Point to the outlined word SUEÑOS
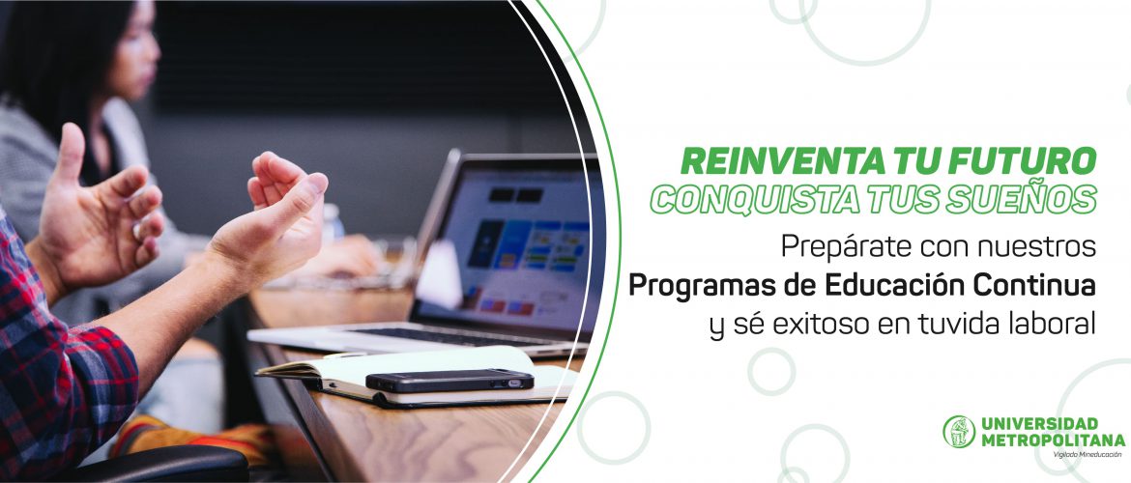point(1026,199)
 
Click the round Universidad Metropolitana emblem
point(959,431)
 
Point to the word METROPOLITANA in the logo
point(1052,439)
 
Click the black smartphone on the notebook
point(449,380)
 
